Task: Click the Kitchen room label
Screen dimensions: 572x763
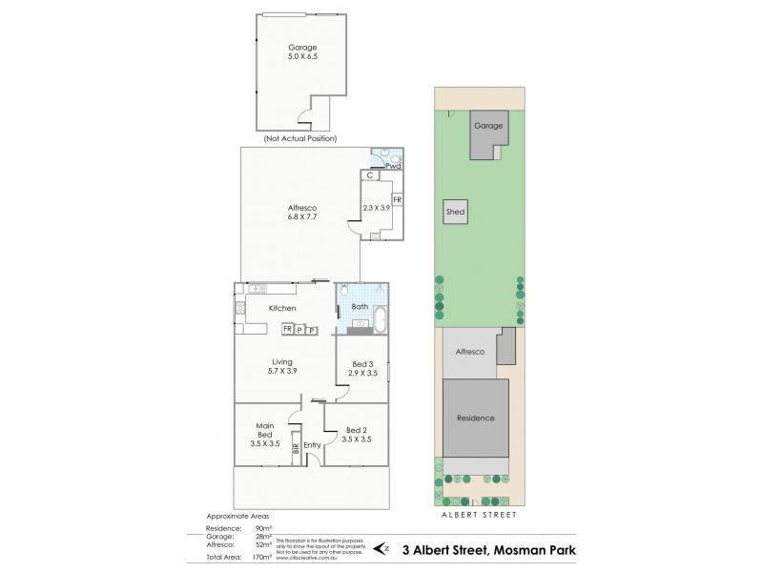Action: [x=281, y=308]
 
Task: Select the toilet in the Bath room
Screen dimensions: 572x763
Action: [x=344, y=291]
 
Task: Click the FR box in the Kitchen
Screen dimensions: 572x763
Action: [x=286, y=330]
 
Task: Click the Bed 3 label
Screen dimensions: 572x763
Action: [x=362, y=364]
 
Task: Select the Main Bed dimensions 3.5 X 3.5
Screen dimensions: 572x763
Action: [x=265, y=444]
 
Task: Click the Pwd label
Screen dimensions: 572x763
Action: [x=392, y=166]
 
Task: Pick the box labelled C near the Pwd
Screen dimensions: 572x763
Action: [x=368, y=175]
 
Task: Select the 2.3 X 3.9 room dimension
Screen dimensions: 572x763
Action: [x=377, y=207]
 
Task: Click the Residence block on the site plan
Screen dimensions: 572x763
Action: [x=474, y=418]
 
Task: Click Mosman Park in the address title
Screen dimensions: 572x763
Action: [x=517, y=549]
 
